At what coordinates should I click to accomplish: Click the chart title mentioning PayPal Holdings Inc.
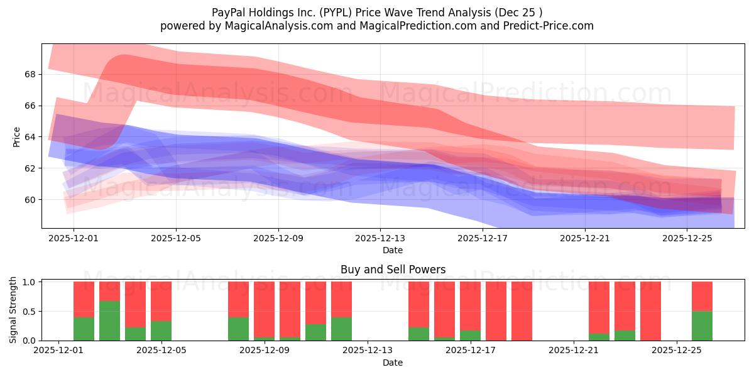(376, 12)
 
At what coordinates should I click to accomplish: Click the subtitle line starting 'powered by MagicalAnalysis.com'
(376, 26)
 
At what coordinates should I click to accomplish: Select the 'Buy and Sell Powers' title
(393, 270)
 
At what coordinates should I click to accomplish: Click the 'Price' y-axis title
(16, 137)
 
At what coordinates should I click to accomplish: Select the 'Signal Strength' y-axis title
(13, 310)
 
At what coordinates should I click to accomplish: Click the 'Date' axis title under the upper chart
(393, 250)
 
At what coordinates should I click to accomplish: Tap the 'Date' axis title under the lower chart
(393, 363)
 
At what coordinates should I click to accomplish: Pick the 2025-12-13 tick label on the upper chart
(380, 238)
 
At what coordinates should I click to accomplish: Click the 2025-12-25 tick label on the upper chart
(687, 238)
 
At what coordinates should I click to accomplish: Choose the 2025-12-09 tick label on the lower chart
(265, 350)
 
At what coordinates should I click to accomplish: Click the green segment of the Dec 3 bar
(110, 320)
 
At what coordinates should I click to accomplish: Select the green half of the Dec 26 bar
(702, 325)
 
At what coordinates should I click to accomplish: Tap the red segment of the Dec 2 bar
(84, 299)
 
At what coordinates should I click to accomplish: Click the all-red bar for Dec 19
(522, 311)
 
